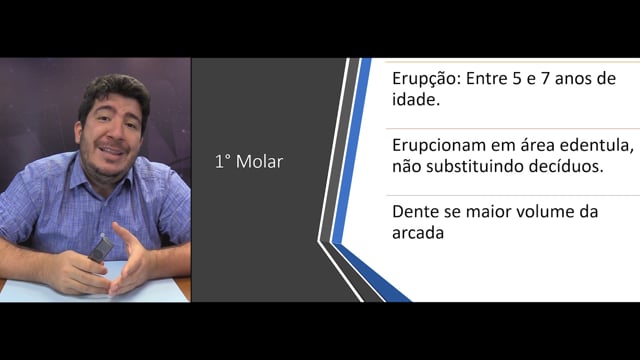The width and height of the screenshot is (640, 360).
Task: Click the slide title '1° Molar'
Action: point(249,162)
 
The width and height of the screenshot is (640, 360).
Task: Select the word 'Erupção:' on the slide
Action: point(427,79)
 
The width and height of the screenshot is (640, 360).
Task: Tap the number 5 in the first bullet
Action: point(517,78)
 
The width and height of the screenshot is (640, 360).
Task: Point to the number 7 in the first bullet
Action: point(545,78)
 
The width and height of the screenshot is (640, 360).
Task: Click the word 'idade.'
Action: point(416,100)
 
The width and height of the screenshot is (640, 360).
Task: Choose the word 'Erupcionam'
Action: point(439,146)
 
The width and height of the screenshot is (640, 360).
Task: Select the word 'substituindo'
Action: point(475,167)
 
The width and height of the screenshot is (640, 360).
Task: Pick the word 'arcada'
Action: point(418,233)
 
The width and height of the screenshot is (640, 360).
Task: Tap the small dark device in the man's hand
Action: point(100,248)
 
